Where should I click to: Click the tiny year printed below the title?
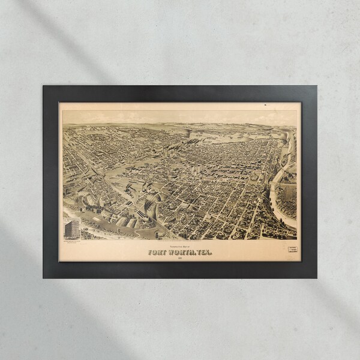pyautogui.click(x=179, y=258)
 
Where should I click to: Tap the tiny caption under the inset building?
pyautogui.click(x=71, y=241)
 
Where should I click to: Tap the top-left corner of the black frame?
pyautogui.click(x=44, y=86)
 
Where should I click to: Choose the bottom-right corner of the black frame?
pyautogui.click(x=316, y=277)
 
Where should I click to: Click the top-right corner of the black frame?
pyautogui.click(x=316, y=86)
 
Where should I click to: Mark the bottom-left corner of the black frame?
pyautogui.click(x=44, y=277)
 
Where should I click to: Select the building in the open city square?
pyautogui.click(x=194, y=170)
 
